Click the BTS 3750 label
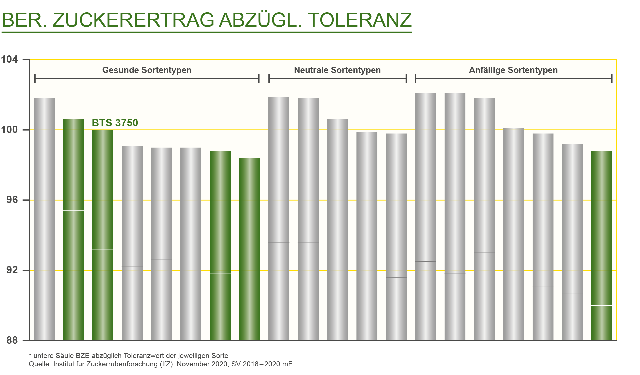115,123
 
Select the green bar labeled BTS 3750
103,233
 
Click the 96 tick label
12,200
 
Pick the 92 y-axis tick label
12,270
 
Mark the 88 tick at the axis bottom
12,340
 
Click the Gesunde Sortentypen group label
147,70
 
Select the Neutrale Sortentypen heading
337,70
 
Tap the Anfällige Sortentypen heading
513,70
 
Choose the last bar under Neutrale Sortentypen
396,237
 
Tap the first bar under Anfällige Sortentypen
425,217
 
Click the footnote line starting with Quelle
160,364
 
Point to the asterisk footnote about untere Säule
128,356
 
